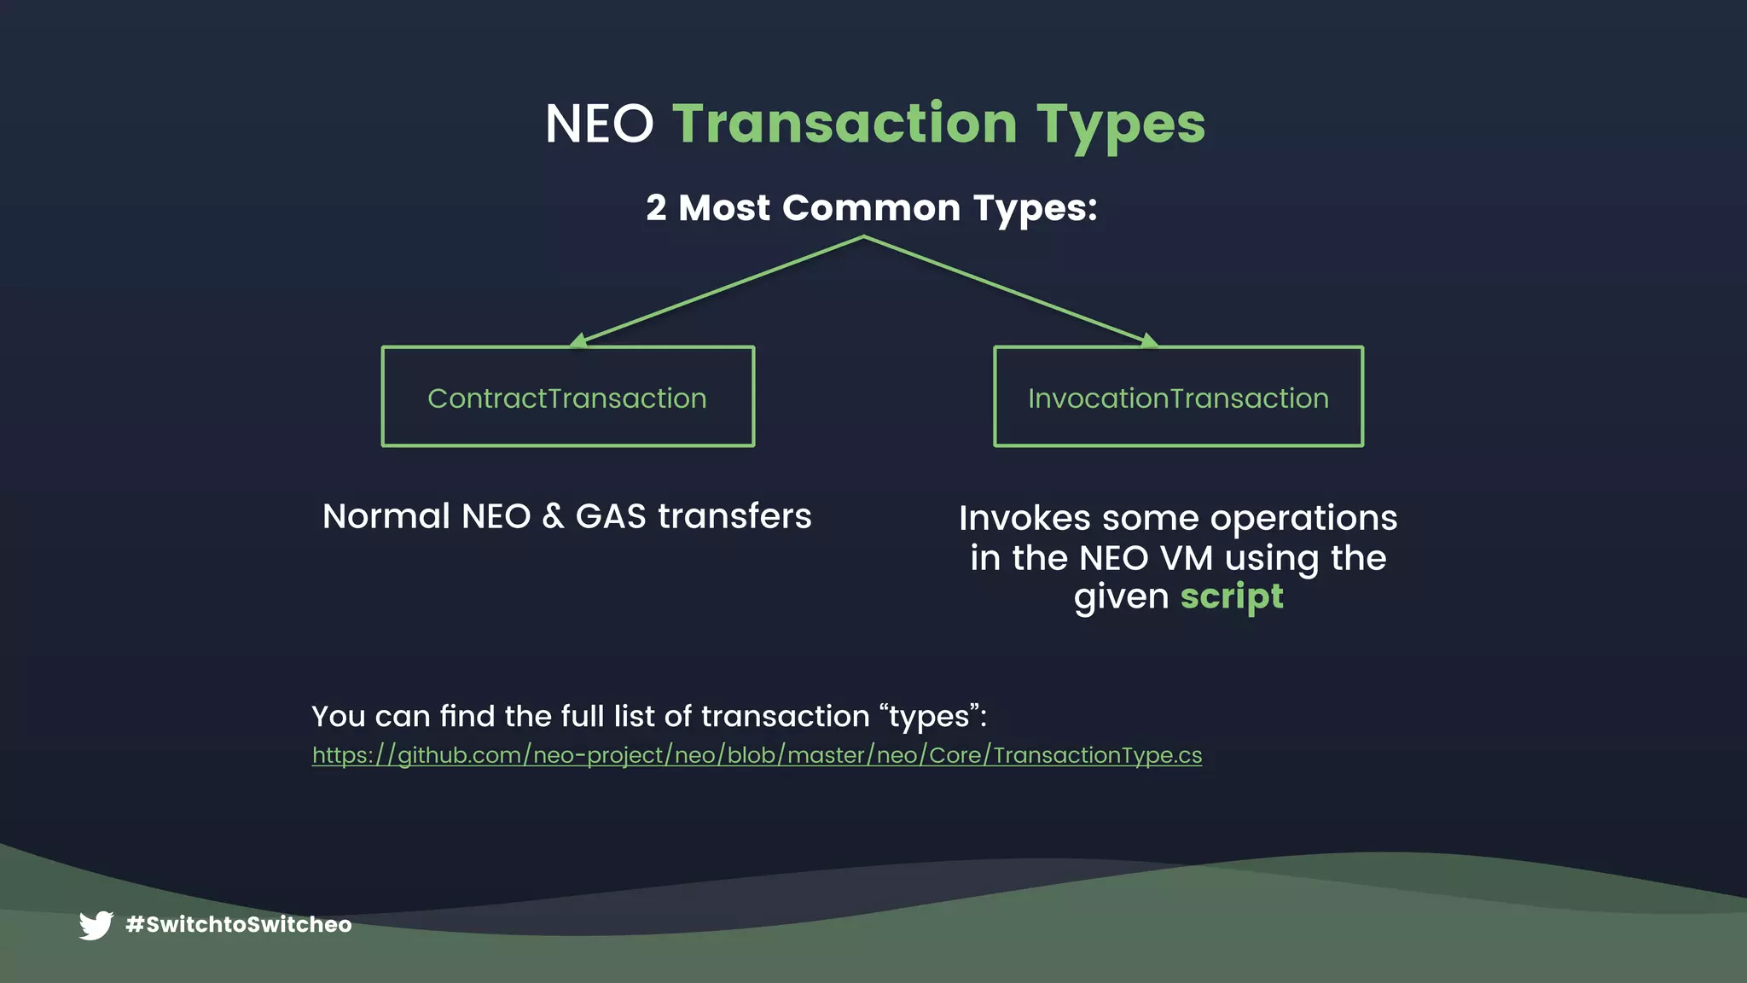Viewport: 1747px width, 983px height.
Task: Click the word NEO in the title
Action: click(x=599, y=125)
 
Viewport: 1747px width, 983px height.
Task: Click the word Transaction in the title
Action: click(x=844, y=125)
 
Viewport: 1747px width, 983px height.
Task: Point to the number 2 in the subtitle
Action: click(x=655, y=208)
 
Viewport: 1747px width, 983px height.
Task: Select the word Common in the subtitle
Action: click(x=871, y=208)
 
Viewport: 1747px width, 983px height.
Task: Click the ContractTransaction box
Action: click(x=567, y=397)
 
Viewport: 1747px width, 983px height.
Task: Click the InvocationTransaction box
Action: click(x=1178, y=397)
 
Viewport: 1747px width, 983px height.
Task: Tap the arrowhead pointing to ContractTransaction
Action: click(x=578, y=340)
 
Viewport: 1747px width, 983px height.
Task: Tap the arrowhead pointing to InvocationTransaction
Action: click(x=1149, y=340)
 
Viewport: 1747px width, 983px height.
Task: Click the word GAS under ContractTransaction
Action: click(x=610, y=517)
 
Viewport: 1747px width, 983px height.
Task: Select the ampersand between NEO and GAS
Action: click(x=553, y=517)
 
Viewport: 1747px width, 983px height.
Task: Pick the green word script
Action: click(x=1231, y=596)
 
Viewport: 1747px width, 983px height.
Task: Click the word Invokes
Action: click(x=1024, y=519)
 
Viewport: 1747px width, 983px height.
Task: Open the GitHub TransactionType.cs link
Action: click(x=757, y=756)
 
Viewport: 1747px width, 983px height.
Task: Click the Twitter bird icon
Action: click(x=96, y=925)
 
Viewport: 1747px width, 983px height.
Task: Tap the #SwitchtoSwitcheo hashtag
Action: click(x=238, y=925)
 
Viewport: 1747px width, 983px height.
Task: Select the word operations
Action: click(x=1303, y=519)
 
